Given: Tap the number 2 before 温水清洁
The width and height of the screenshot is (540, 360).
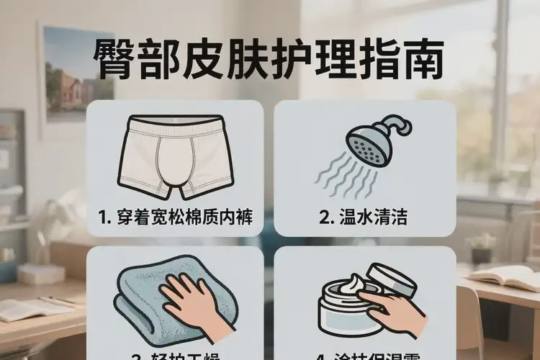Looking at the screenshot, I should click(x=325, y=217).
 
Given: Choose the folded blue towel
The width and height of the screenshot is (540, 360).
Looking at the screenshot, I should click(x=140, y=302).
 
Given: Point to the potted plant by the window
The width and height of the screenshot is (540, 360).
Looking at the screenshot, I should click(x=481, y=248).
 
